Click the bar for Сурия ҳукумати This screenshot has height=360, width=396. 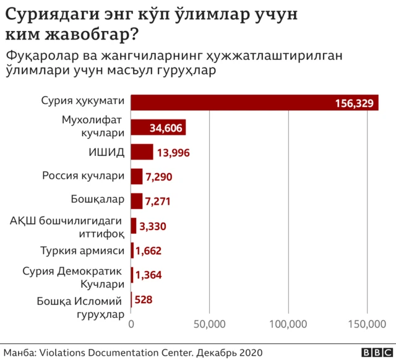click(x=254, y=102)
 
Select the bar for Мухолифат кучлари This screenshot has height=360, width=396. click(x=158, y=127)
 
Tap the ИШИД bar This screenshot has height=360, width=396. click(x=142, y=152)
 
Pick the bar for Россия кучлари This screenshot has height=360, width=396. click(x=137, y=176)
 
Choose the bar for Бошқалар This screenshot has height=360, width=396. click(x=137, y=200)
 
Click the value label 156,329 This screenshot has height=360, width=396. click(x=355, y=103)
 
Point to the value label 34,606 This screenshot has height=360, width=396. click(x=166, y=128)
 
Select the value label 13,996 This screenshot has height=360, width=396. click(x=173, y=152)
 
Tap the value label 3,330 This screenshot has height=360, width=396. click(x=153, y=226)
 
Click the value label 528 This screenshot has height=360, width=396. click(x=143, y=300)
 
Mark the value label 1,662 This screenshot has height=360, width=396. click(x=148, y=251)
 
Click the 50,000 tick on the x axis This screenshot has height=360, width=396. click(x=210, y=324)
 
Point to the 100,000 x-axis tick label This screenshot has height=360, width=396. click(x=289, y=324)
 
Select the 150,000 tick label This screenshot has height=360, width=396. click(x=368, y=324)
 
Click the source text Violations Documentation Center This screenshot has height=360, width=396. click(x=116, y=352)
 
